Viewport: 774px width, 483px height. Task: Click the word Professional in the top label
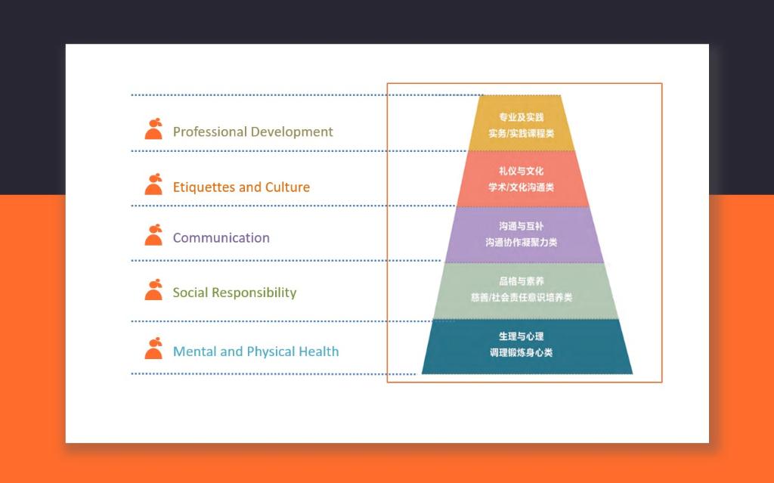click(x=209, y=132)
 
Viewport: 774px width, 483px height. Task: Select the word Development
click(x=292, y=132)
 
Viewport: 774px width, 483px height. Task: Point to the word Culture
click(x=287, y=187)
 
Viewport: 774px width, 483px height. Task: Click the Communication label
click(x=221, y=238)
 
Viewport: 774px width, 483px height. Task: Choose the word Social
click(x=190, y=293)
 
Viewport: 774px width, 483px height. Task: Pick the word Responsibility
click(x=254, y=293)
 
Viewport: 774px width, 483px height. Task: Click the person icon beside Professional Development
click(x=153, y=129)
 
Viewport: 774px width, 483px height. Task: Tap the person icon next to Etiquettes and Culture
click(x=153, y=184)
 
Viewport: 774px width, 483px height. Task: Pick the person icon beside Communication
click(x=153, y=235)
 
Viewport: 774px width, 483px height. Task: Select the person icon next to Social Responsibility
click(x=153, y=290)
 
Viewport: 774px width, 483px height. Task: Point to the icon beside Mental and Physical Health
click(x=153, y=348)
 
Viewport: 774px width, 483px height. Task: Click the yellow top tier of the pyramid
click(x=522, y=123)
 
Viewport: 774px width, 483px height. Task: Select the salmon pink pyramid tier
click(x=523, y=179)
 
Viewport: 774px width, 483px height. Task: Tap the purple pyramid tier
click(x=524, y=234)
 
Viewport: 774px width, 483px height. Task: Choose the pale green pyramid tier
click(x=525, y=291)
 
